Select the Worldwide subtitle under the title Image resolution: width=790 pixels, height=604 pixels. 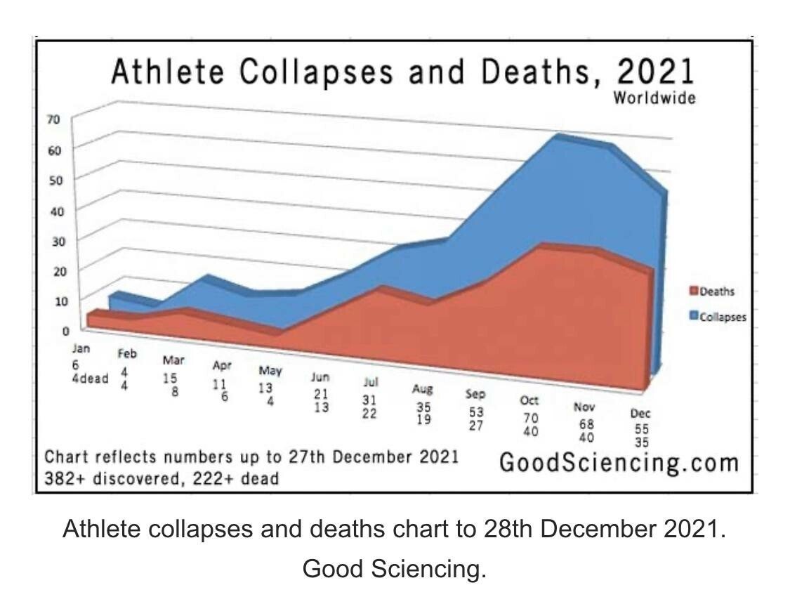click(654, 98)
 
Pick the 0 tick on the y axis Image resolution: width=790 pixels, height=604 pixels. click(65, 329)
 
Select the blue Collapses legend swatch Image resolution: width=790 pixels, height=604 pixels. click(694, 317)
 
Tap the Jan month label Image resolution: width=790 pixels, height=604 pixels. click(82, 348)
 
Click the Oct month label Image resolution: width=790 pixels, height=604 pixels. click(529, 400)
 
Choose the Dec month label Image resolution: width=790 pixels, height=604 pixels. click(640, 414)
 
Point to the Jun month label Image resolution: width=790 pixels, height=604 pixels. click(321, 377)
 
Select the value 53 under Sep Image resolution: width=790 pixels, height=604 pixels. click(475, 413)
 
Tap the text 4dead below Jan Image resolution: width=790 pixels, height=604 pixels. click(91, 379)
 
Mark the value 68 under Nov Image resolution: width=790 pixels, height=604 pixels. click(586, 424)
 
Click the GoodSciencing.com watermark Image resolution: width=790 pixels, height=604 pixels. click(619, 463)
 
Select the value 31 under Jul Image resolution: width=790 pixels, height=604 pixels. click(369, 399)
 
